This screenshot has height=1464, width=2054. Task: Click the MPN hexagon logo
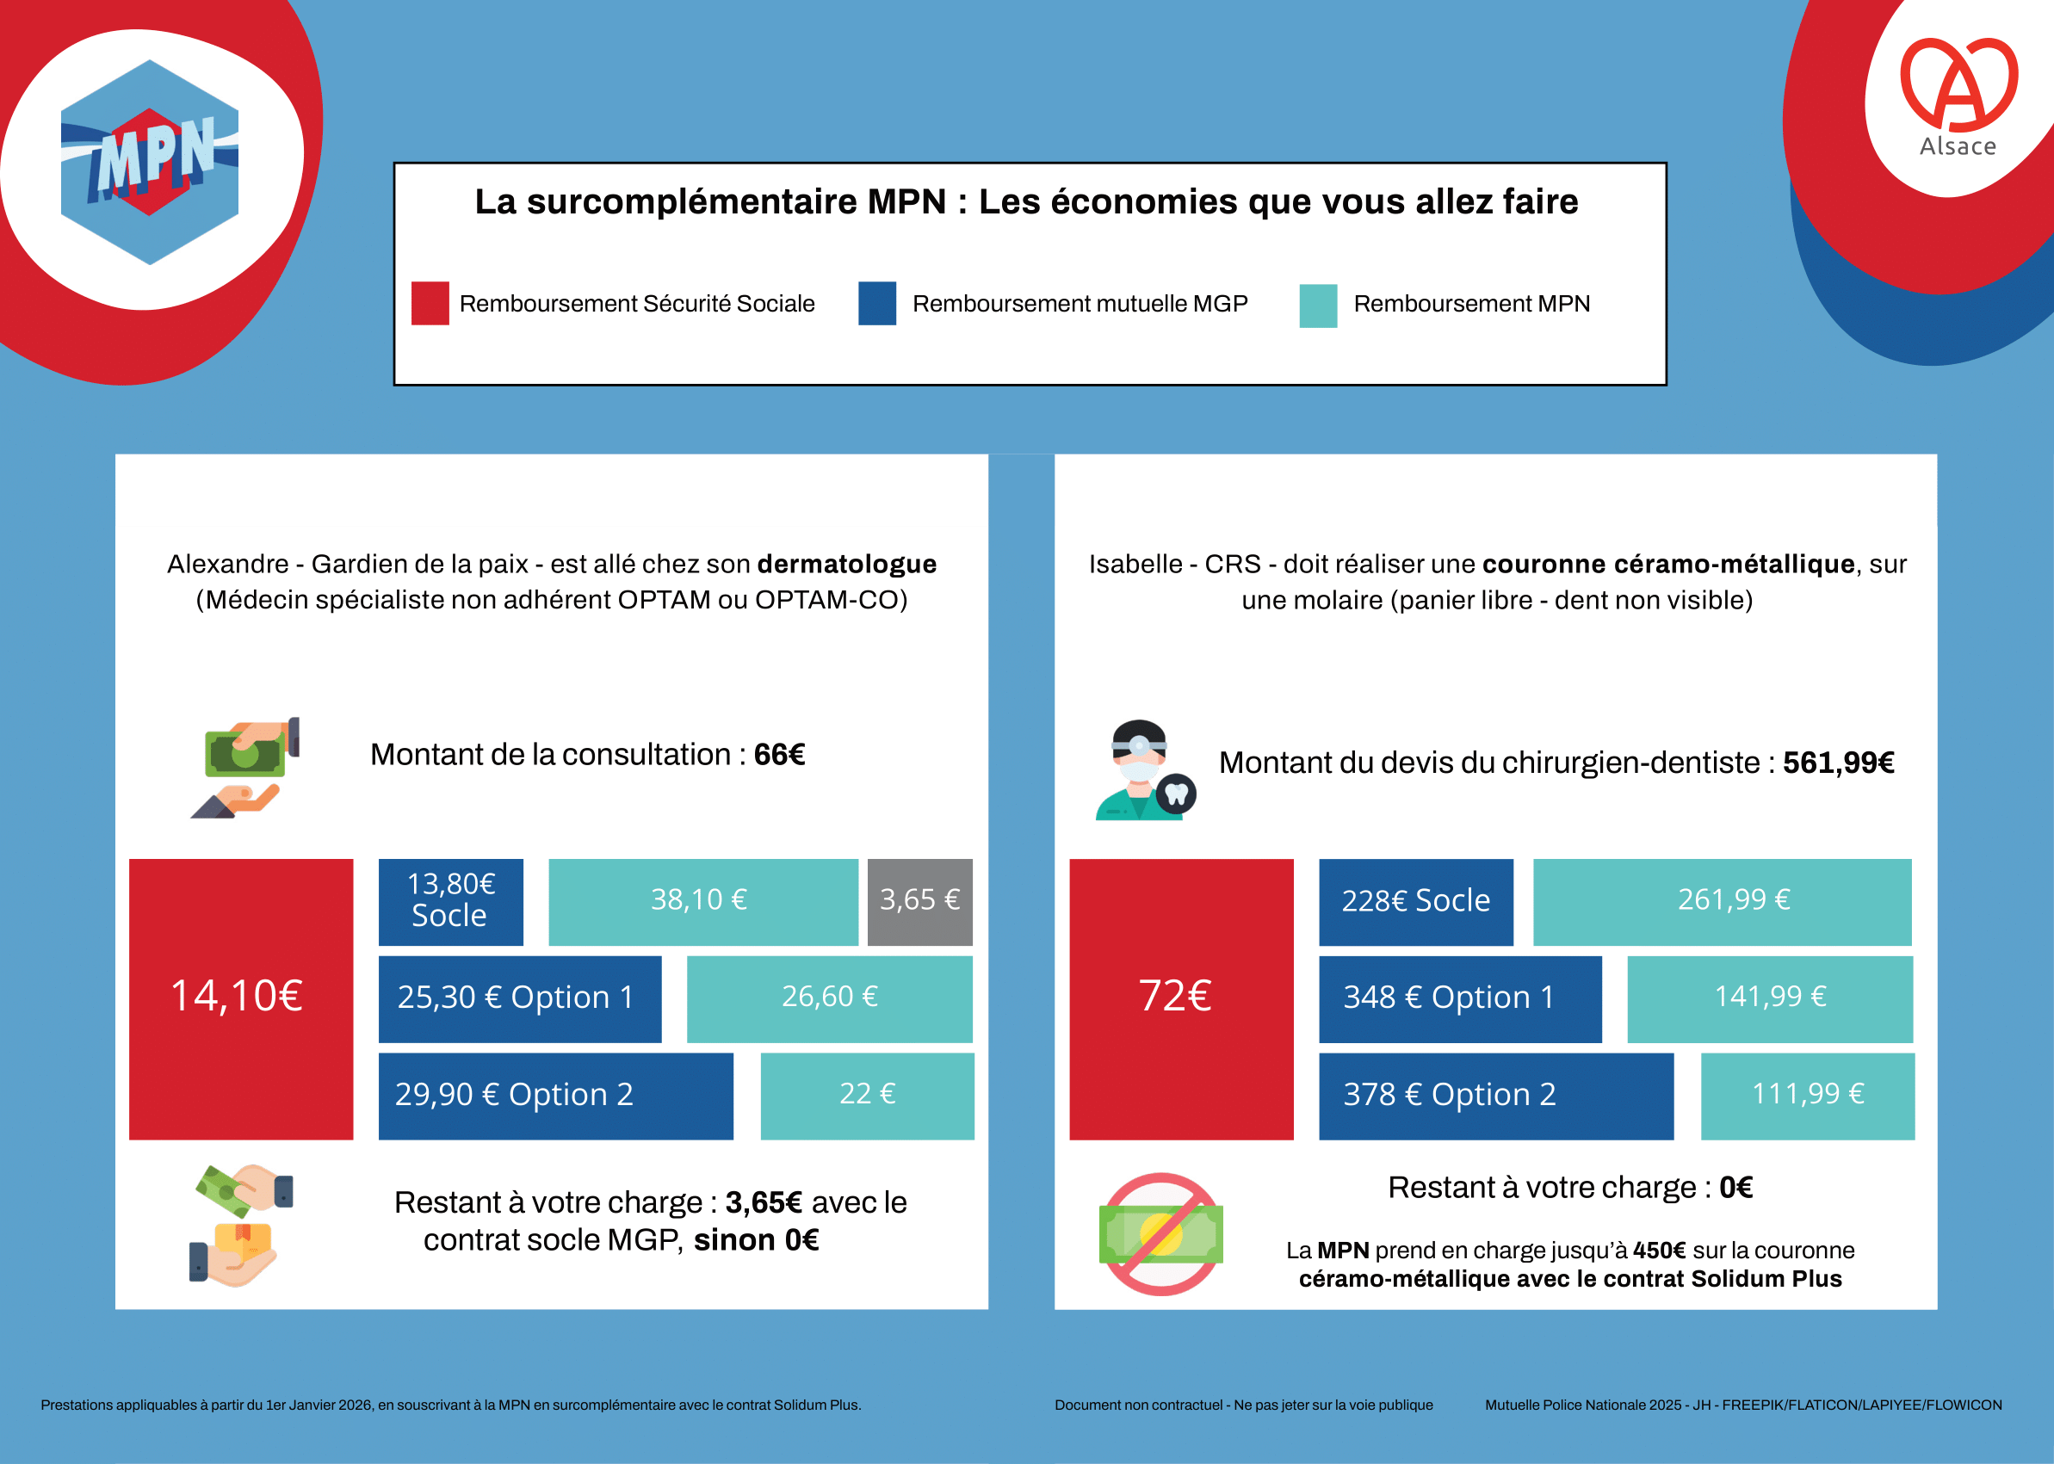point(150,163)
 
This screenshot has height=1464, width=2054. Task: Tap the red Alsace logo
point(1958,95)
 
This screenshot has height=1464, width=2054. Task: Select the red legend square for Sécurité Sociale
point(430,303)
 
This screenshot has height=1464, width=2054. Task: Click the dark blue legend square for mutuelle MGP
point(876,303)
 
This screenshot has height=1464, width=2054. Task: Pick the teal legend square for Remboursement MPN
point(1317,306)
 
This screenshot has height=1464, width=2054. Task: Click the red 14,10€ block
point(241,999)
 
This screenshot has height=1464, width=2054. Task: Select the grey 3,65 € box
point(919,901)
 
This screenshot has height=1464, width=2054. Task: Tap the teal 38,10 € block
point(702,901)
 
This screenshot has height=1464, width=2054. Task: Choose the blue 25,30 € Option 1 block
point(519,999)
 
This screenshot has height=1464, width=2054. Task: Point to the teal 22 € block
point(867,1096)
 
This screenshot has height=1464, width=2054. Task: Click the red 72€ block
point(1180,999)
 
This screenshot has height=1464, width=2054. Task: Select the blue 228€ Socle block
point(1415,901)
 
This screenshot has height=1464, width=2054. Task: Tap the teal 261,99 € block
point(1722,901)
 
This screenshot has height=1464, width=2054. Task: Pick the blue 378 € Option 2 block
point(1495,1096)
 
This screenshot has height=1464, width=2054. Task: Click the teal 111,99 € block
point(1807,1096)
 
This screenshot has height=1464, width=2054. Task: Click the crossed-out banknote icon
point(1160,1234)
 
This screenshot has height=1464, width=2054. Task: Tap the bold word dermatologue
point(847,565)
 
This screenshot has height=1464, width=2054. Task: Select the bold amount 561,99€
point(1838,763)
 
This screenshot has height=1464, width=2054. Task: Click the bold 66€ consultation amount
point(779,755)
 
